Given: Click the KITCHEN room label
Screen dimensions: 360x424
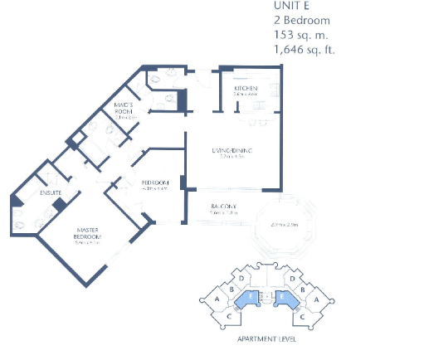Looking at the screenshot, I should [x=245, y=88].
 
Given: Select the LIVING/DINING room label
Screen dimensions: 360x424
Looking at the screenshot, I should [x=231, y=150].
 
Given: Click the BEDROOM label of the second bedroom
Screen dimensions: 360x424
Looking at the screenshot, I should [x=155, y=182].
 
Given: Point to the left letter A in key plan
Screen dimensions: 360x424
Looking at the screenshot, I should [x=217, y=299].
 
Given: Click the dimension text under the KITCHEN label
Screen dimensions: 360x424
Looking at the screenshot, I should [x=245, y=95].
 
